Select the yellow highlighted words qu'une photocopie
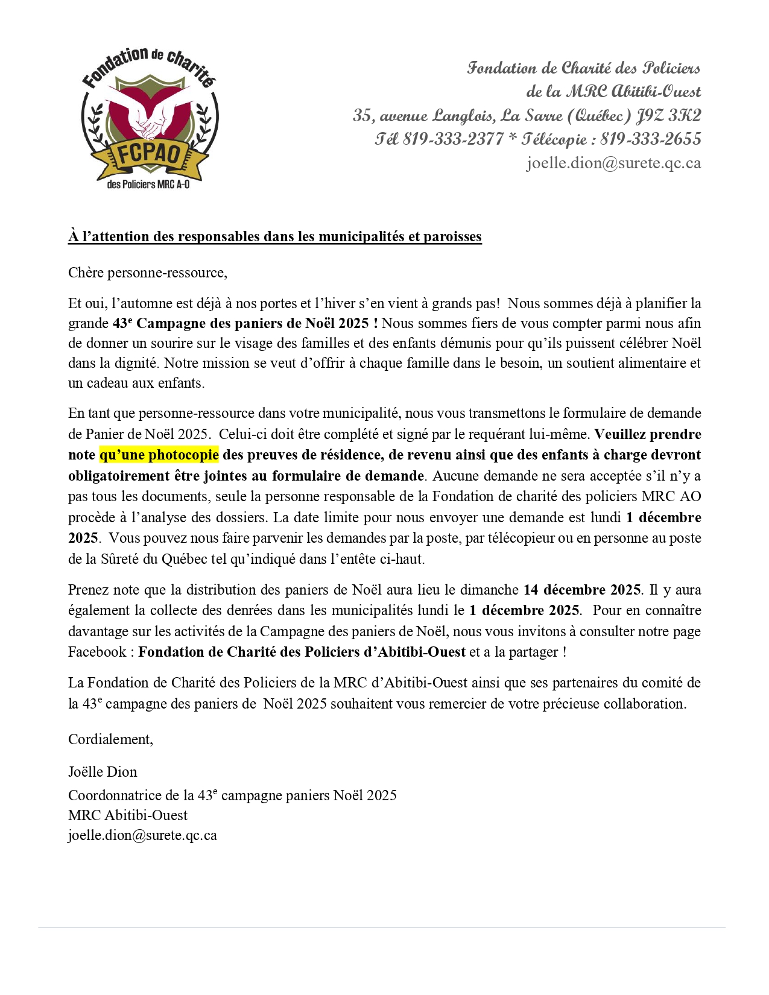point(159,455)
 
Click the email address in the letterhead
point(613,163)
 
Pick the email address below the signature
point(142,835)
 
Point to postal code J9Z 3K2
point(669,115)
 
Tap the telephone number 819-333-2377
point(453,139)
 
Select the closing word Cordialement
point(110,739)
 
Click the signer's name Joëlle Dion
point(103,772)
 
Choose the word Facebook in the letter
point(97,652)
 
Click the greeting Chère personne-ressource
point(148,273)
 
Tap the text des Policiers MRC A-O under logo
point(148,185)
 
